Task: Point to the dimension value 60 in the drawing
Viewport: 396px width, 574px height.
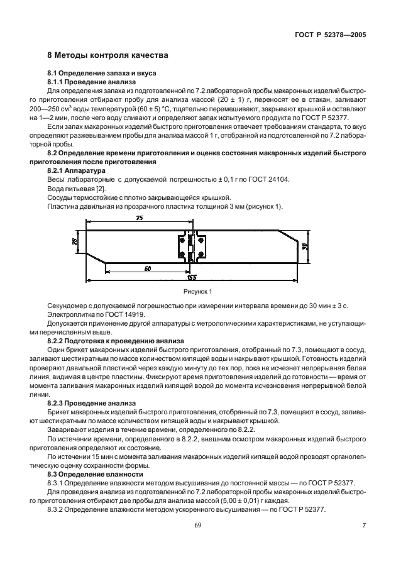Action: (146, 268)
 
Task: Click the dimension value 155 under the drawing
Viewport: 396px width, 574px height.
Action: (190, 276)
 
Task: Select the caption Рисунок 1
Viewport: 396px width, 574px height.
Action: (198, 292)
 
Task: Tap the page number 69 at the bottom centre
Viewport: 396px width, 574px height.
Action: (197, 525)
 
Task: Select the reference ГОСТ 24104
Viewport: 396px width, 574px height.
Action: (265, 179)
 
